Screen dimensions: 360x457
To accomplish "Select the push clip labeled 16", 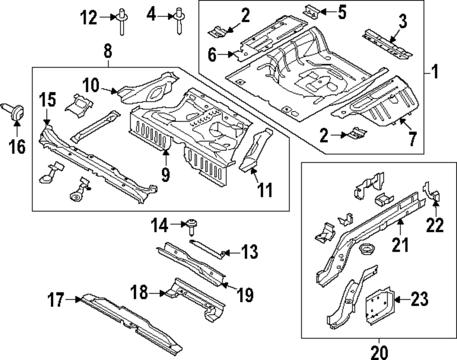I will pyautogui.click(x=17, y=112).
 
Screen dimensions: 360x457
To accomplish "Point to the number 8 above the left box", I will pyautogui.click(x=107, y=52).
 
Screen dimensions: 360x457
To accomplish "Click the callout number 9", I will pyautogui.click(x=165, y=173).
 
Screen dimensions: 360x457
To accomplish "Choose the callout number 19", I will pyautogui.click(x=245, y=296).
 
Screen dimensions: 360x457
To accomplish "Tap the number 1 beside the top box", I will pyautogui.click(x=435, y=72).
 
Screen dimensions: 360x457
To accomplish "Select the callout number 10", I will pyautogui.click(x=91, y=85).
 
